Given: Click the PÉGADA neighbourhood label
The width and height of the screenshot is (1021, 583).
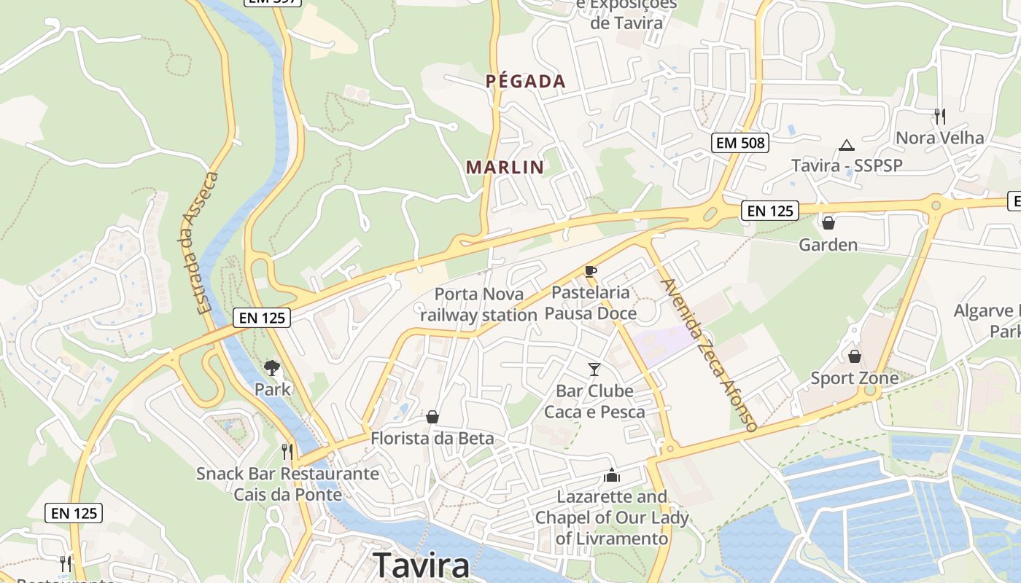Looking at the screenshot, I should (x=526, y=81).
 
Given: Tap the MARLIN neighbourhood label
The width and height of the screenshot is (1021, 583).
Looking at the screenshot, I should (x=505, y=167).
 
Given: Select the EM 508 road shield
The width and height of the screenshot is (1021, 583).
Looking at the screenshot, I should (x=740, y=143).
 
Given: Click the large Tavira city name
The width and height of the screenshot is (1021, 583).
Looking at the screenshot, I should (x=422, y=566).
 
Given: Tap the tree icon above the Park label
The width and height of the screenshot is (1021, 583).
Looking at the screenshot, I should (x=272, y=368).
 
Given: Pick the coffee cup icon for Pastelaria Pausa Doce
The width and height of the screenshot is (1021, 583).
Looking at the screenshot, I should (x=591, y=272).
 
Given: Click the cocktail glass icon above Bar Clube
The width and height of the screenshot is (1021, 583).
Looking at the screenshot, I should (x=594, y=369).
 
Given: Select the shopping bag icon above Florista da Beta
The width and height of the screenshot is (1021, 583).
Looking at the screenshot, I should (x=432, y=417).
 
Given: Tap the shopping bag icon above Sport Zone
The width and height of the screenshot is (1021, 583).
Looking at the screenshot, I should (x=854, y=356).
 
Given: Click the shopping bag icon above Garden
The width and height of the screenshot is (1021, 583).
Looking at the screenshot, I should (x=828, y=222).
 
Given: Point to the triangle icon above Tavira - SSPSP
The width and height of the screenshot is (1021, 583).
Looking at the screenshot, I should (x=846, y=145).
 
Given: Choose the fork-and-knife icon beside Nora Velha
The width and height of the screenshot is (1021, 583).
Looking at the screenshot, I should (x=939, y=116).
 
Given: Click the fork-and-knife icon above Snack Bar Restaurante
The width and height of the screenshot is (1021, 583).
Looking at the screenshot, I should (x=287, y=452).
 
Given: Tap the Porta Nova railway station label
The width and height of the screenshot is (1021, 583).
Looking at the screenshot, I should (x=478, y=305).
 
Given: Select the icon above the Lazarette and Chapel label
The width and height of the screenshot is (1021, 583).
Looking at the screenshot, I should (x=611, y=475).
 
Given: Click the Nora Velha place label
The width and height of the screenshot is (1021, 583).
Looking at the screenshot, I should (x=939, y=138).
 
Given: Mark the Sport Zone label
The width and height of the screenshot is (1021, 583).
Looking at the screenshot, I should (x=854, y=378).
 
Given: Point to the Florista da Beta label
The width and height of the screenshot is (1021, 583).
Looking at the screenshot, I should (x=432, y=438).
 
